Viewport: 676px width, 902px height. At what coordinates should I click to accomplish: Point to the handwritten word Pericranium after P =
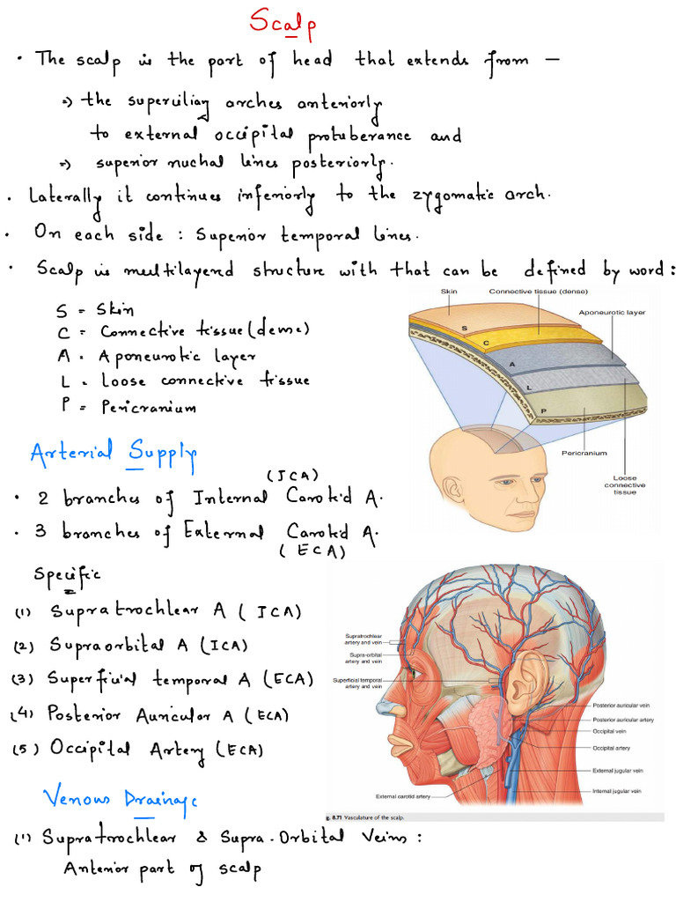150,407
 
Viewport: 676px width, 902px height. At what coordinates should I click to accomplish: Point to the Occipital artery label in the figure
615,749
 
